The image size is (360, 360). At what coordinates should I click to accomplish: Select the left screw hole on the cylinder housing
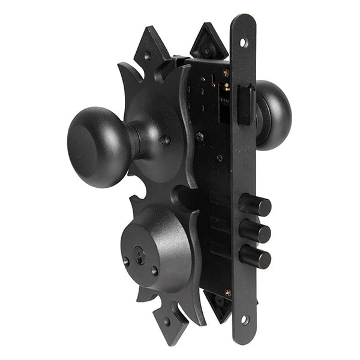click(x=126, y=262)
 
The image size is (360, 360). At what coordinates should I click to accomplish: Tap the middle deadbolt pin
click(x=255, y=231)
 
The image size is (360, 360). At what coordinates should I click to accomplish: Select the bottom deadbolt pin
click(x=255, y=257)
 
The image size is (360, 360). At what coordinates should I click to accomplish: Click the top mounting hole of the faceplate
click(x=243, y=43)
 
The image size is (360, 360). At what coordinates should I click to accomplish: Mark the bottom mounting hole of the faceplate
click(x=244, y=320)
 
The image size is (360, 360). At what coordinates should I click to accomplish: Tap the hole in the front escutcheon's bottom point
click(x=167, y=321)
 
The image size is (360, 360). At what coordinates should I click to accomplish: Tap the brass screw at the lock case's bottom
click(x=227, y=292)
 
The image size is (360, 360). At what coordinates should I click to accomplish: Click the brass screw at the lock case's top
click(x=226, y=73)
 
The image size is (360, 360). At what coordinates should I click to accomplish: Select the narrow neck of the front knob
click(x=136, y=142)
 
